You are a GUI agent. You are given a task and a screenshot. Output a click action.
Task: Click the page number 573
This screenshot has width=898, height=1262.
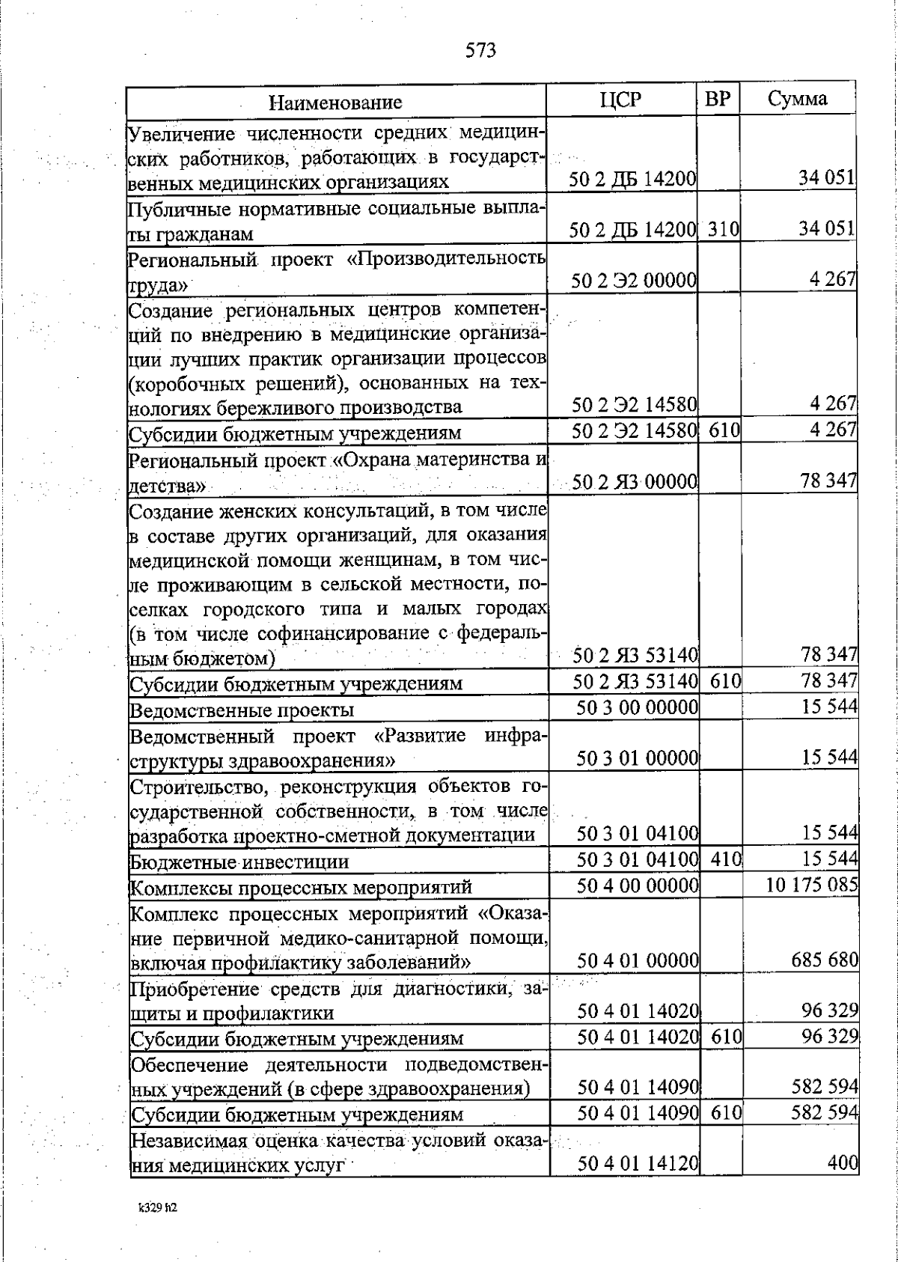point(480,50)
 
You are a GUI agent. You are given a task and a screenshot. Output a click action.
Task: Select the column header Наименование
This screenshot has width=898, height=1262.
point(335,102)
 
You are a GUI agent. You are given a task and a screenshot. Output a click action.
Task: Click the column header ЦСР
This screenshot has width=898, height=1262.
point(621,100)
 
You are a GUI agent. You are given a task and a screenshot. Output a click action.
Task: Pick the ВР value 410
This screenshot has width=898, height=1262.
point(725,860)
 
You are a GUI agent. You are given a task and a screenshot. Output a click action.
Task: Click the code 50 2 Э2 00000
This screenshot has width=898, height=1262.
point(635,281)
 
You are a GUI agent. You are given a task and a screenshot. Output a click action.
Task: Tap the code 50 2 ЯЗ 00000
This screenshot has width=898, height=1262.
point(635,482)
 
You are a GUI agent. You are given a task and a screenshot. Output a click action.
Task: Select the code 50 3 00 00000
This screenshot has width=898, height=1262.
point(638,707)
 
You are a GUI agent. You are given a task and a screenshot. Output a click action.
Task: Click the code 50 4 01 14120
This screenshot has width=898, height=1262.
point(638,1164)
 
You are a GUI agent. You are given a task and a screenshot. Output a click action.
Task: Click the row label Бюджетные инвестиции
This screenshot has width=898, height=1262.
point(239,862)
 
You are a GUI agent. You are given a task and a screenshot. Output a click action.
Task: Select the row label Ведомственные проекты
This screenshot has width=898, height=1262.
point(242,710)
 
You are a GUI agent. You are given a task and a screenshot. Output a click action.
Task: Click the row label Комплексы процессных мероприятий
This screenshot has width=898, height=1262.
point(301,888)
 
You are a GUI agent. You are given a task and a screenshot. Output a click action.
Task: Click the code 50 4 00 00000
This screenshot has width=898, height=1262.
point(638,885)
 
